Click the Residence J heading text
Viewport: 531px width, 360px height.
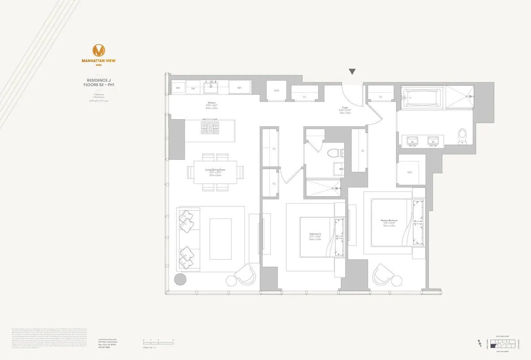pyautogui.click(x=98, y=80)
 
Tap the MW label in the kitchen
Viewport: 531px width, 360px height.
pyautogui.click(x=178, y=88)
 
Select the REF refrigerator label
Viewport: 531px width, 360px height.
pyautogui.click(x=239, y=88)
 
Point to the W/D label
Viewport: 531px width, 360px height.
pyautogui.click(x=277, y=91)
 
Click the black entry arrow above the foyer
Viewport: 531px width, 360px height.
pyautogui.click(x=352, y=72)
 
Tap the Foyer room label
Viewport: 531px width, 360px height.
pyautogui.click(x=345, y=108)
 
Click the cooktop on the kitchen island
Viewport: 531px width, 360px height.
pyautogui.click(x=210, y=128)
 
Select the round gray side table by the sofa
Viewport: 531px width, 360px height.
pyautogui.click(x=180, y=279)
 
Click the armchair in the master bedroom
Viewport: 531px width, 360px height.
pyautogui.click(x=383, y=275)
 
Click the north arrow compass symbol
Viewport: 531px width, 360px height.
pyautogui.click(x=480, y=342)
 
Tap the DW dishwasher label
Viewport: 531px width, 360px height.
pyautogui.click(x=193, y=88)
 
